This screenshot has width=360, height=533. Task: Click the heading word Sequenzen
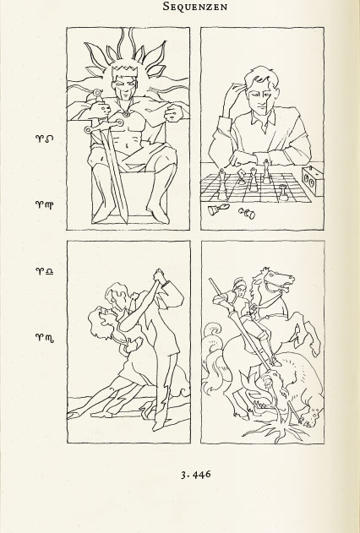click(194, 6)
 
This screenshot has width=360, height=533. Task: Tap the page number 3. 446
click(196, 474)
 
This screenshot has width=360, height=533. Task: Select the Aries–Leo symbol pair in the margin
click(45, 139)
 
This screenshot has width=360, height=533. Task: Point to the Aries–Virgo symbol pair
click(45, 204)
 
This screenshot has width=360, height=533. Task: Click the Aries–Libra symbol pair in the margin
click(45, 271)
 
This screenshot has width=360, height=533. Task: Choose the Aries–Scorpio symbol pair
click(45, 338)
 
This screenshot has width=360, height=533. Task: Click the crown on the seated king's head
click(125, 71)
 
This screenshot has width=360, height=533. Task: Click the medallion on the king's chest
click(127, 114)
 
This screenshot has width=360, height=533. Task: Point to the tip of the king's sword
click(127, 223)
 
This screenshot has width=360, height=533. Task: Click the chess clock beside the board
click(313, 181)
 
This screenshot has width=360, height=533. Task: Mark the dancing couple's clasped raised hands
click(159, 275)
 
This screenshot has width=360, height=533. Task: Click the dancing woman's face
click(102, 319)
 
